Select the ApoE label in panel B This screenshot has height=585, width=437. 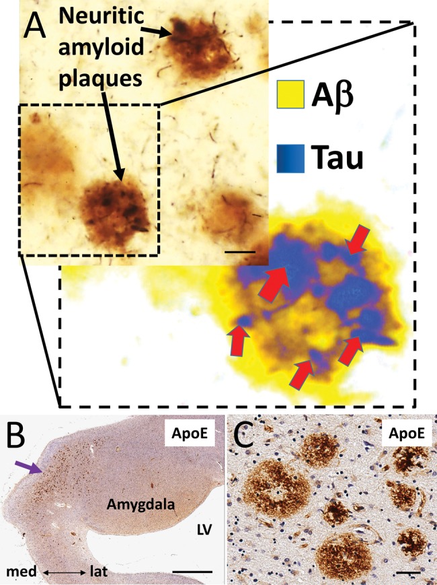point(190,438)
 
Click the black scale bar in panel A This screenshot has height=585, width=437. point(246,252)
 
